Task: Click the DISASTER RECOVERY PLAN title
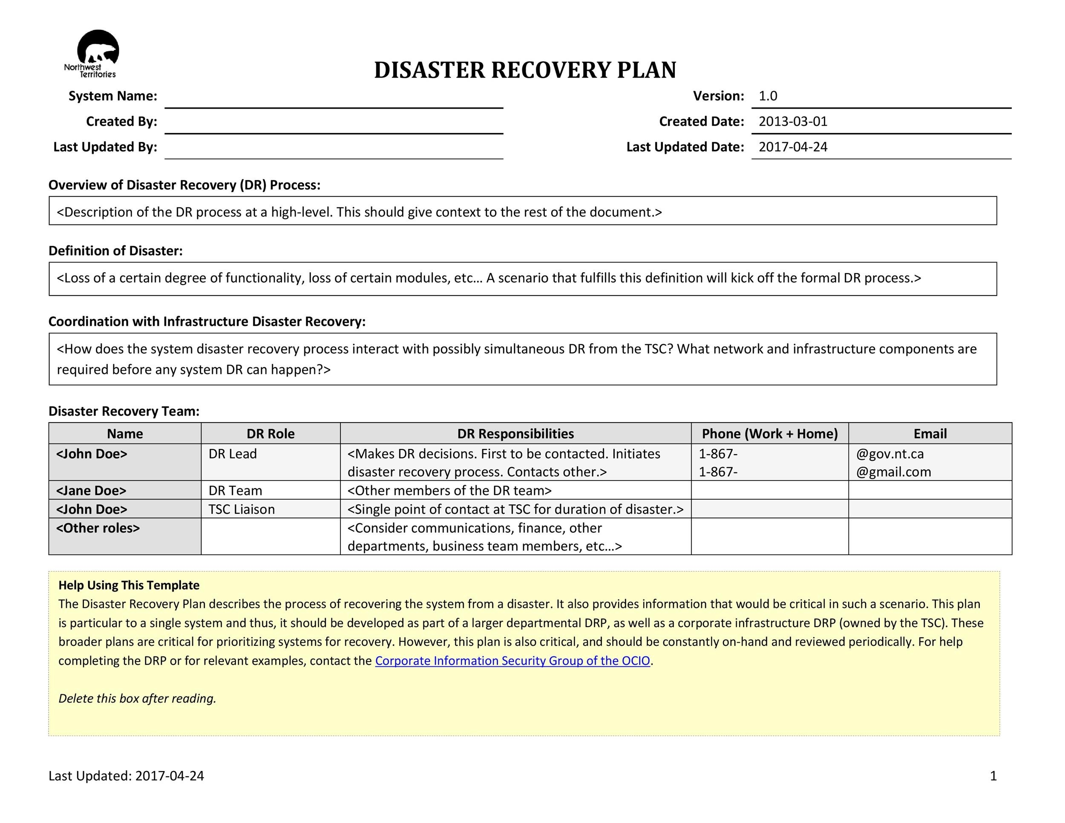pyautogui.click(x=525, y=70)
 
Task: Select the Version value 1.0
pyautogui.click(x=768, y=96)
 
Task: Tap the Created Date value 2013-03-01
pyautogui.click(x=793, y=121)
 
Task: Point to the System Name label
pyautogui.click(x=112, y=96)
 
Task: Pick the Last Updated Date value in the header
pyautogui.click(x=793, y=147)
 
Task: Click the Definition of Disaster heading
pyautogui.click(x=115, y=250)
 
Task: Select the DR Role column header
pyautogui.click(x=270, y=434)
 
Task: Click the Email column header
pyautogui.click(x=930, y=434)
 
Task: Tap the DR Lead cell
pyautogui.click(x=233, y=454)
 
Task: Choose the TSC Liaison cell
pyautogui.click(x=242, y=509)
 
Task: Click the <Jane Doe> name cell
pyautogui.click(x=91, y=490)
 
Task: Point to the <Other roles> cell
pyautogui.click(x=98, y=528)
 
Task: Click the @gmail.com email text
pyautogui.click(x=893, y=472)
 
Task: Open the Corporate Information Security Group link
pyautogui.click(x=512, y=661)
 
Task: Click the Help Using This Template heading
pyautogui.click(x=129, y=585)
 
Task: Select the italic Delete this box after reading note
pyautogui.click(x=137, y=698)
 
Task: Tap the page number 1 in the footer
pyautogui.click(x=993, y=776)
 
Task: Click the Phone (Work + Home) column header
pyautogui.click(x=769, y=434)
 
